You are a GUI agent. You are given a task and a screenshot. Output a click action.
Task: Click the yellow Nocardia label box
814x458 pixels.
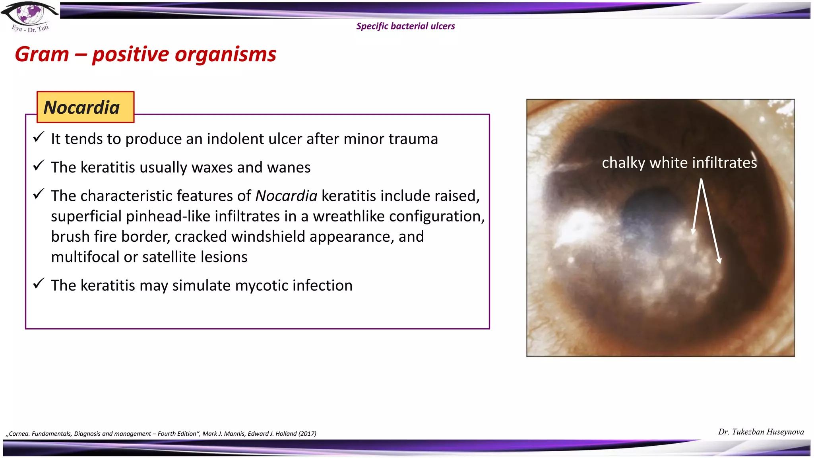coord(85,107)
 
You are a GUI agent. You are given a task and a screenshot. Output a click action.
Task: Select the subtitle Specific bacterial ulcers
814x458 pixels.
coord(405,26)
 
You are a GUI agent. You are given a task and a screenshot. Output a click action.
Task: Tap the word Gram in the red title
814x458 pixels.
coord(42,54)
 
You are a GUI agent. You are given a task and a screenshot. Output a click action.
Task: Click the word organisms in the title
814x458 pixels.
coord(225,54)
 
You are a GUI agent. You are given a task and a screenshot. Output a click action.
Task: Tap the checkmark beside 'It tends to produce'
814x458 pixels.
coord(39,137)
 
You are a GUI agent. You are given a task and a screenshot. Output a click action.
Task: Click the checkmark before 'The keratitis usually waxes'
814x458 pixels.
coord(39,166)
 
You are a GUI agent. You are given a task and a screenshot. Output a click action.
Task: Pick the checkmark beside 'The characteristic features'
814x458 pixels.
coord(39,194)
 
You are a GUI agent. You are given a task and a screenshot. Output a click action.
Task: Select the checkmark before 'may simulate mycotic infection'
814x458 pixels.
coord(39,284)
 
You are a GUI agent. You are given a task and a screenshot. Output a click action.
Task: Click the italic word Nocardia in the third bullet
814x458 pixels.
coord(286,196)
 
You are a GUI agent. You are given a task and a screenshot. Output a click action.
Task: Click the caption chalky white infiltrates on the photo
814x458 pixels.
coord(679,163)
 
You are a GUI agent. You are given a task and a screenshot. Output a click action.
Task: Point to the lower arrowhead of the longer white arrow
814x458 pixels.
coord(719,261)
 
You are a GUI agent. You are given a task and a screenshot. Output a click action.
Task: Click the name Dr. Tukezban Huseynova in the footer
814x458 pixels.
coord(761,432)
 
